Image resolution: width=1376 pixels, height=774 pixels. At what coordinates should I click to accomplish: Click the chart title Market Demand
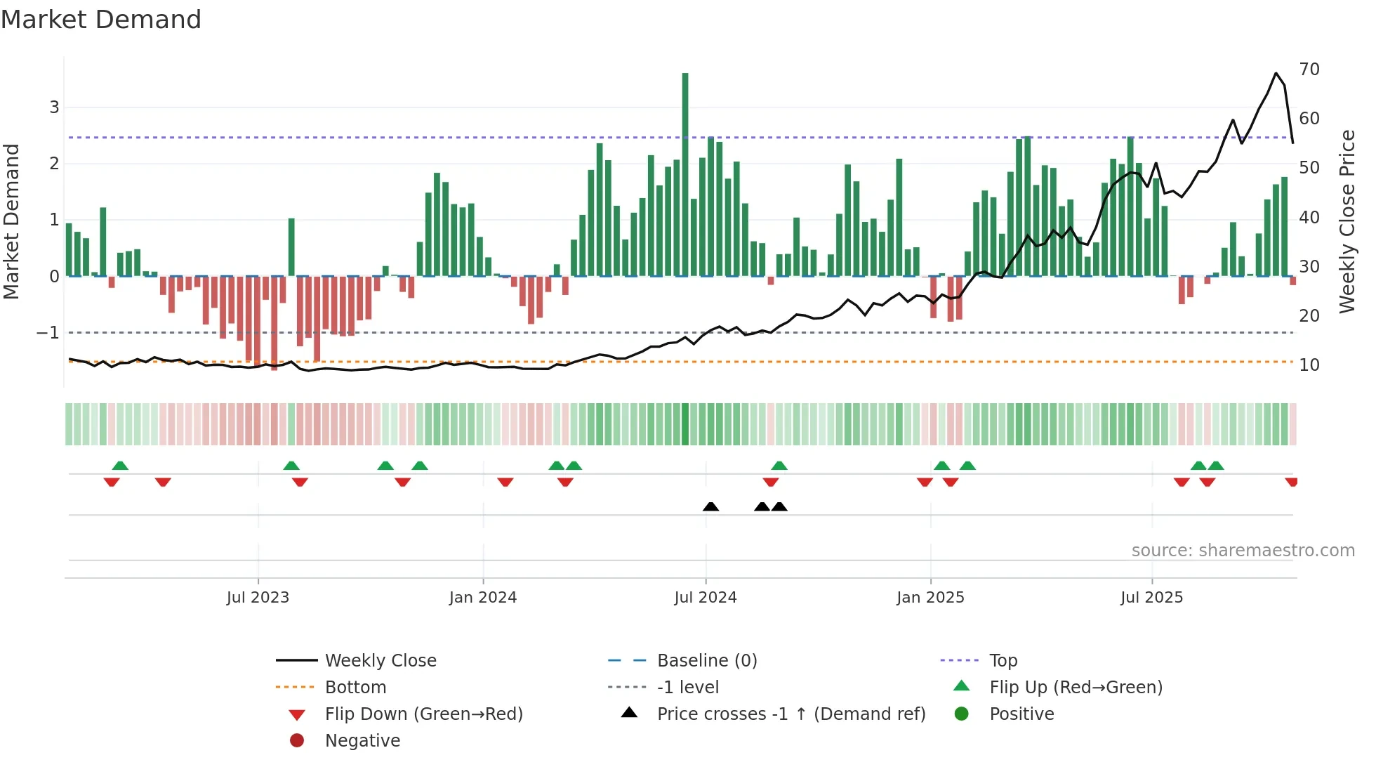pyautogui.click(x=101, y=20)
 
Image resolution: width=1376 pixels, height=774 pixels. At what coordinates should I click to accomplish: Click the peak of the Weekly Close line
pyautogui.click(x=1276, y=73)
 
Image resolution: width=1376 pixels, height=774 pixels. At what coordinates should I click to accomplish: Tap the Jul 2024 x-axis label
pyautogui.click(x=706, y=598)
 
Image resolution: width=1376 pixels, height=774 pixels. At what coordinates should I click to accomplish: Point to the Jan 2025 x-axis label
pyautogui.click(x=930, y=598)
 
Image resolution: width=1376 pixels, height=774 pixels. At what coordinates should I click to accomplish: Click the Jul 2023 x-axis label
pyautogui.click(x=258, y=598)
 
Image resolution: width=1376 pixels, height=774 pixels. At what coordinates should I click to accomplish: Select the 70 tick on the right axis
pyautogui.click(x=1309, y=70)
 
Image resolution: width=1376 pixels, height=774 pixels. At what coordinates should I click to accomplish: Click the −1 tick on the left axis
pyautogui.click(x=48, y=333)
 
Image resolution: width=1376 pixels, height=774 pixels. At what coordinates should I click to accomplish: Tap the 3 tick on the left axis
pyautogui.click(x=54, y=107)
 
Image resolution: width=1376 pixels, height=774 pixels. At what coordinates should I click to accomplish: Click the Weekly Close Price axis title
pyautogui.click(x=1347, y=221)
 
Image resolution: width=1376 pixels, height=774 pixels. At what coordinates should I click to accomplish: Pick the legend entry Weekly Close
pyautogui.click(x=381, y=661)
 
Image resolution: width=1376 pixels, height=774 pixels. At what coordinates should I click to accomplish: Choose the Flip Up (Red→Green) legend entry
pyautogui.click(x=1076, y=688)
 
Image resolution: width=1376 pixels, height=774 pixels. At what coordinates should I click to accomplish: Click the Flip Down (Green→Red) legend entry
pyautogui.click(x=423, y=714)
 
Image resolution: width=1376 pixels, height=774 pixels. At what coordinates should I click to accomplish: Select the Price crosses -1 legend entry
pyautogui.click(x=790, y=714)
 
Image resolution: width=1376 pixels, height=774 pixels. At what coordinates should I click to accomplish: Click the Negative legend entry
pyautogui.click(x=362, y=741)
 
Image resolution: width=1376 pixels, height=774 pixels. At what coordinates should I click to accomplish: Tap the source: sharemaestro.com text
pyautogui.click(x=1243, y=551)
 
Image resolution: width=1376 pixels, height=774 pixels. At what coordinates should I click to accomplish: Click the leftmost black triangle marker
pyautogui.click(x=710, y=506)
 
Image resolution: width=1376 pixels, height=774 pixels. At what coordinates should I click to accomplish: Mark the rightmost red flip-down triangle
pyautogui.click(x=1291, y=482)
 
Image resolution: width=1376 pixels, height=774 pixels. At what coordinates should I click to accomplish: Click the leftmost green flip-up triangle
pyautogui.click(x=120, y=466)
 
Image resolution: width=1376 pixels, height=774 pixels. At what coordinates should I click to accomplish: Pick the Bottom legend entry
pyautogui.click(x=355, y=688)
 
